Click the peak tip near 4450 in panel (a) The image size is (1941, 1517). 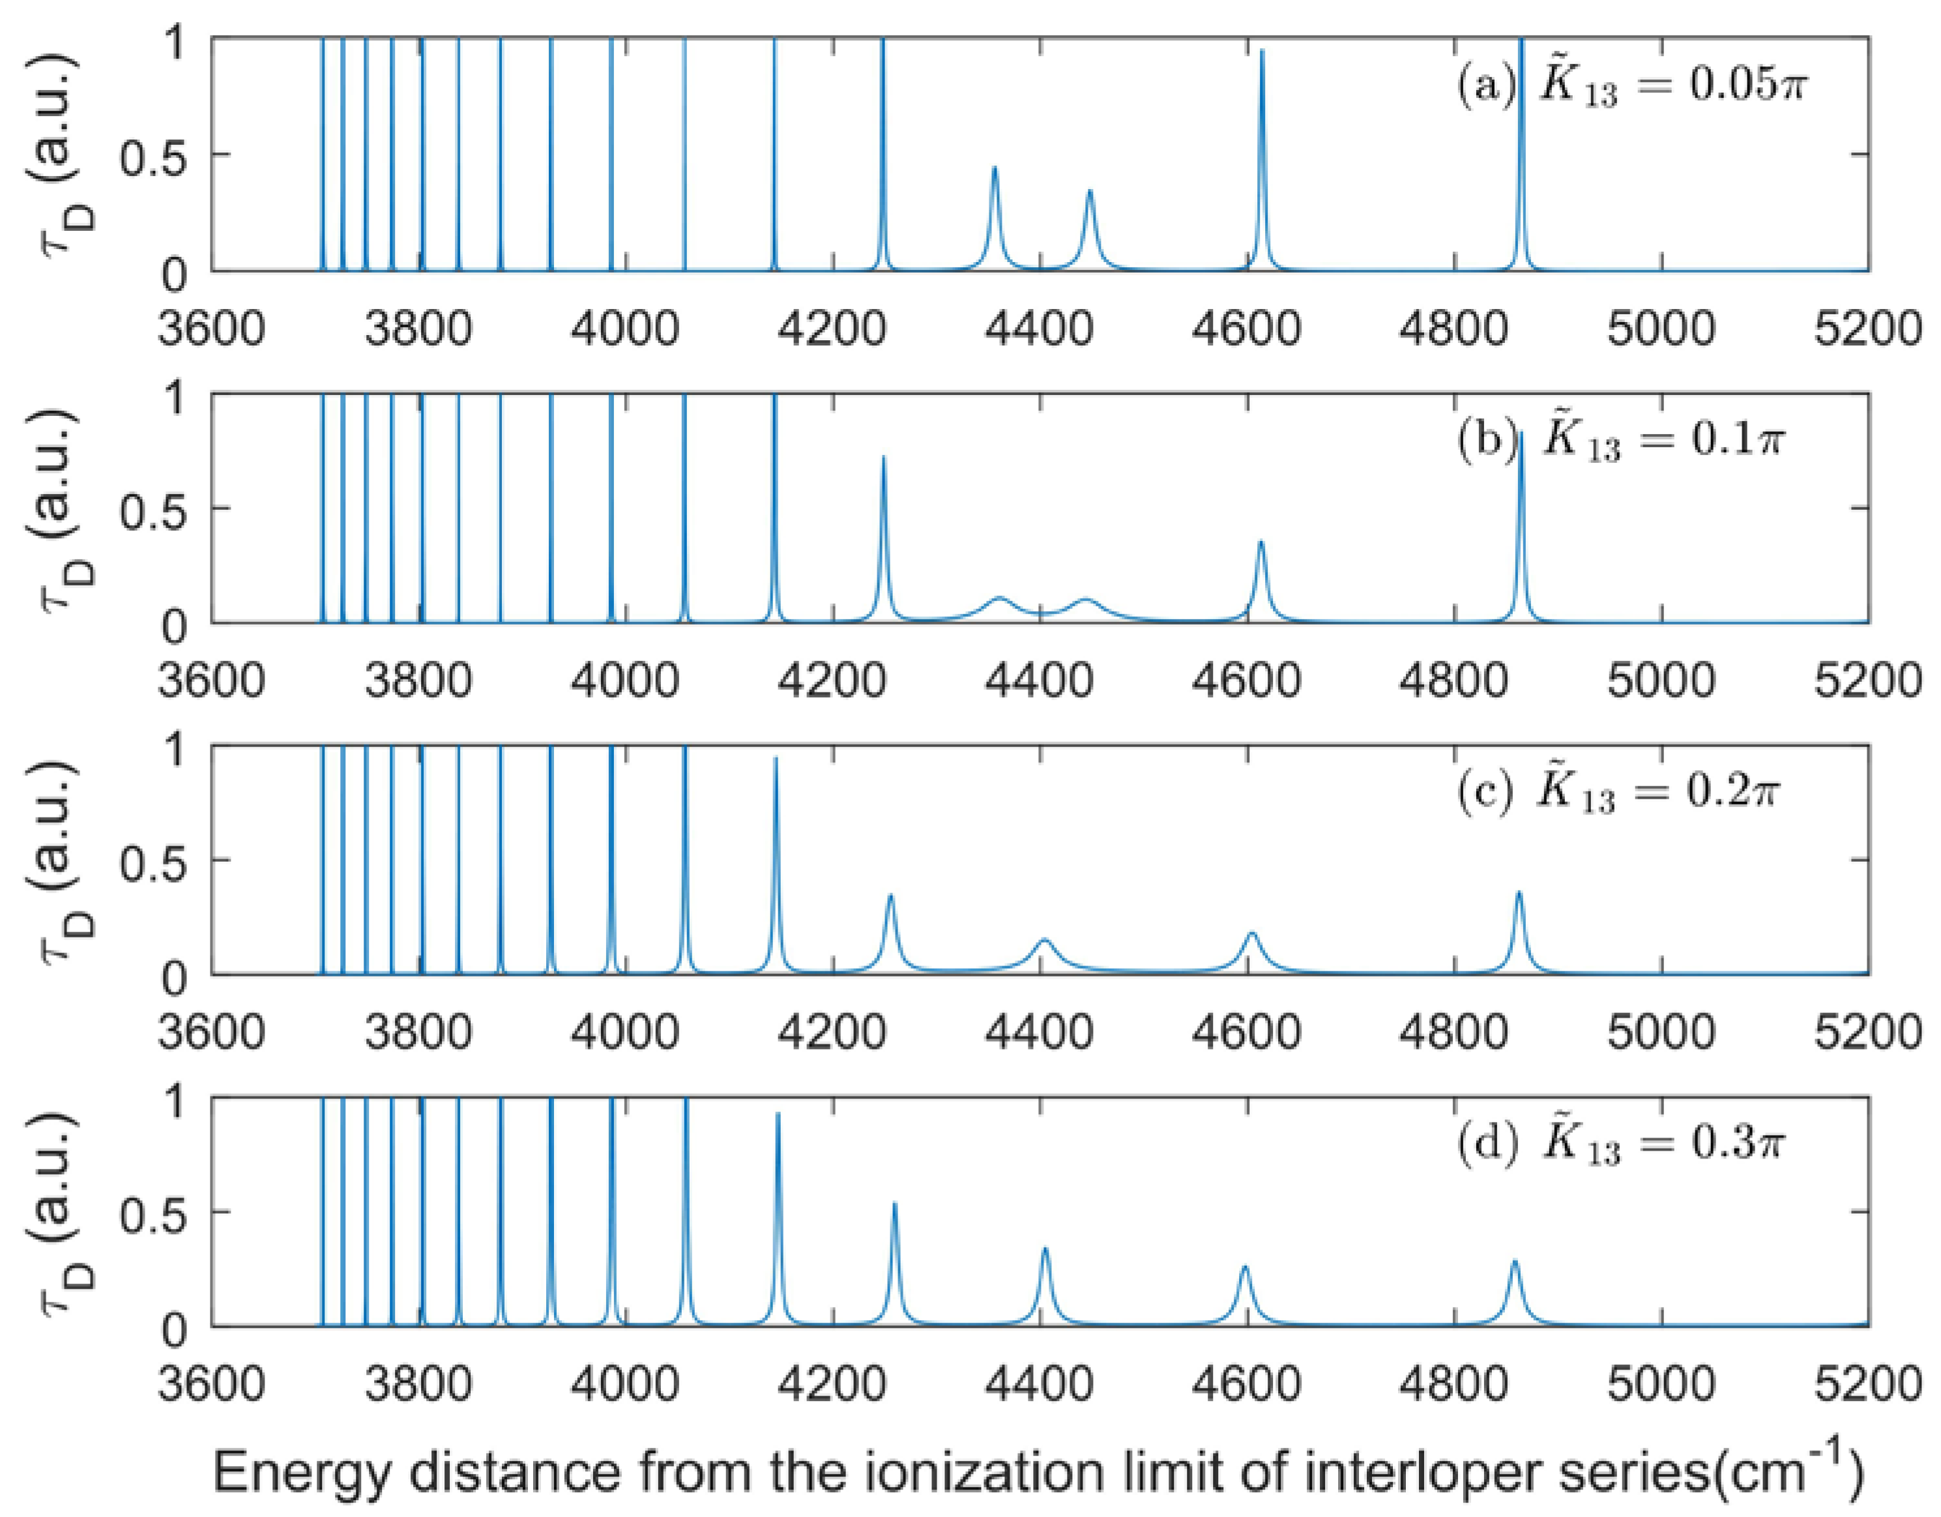point(1090,191)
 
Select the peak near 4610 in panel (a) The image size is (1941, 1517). point(1262,52)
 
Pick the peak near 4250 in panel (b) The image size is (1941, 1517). point(883,458)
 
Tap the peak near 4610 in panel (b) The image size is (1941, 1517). point(1261,542)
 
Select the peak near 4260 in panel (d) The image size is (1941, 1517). point(894,1204)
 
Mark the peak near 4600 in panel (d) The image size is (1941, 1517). point(1244,1267)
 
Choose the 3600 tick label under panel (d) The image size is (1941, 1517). point(212,1385)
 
